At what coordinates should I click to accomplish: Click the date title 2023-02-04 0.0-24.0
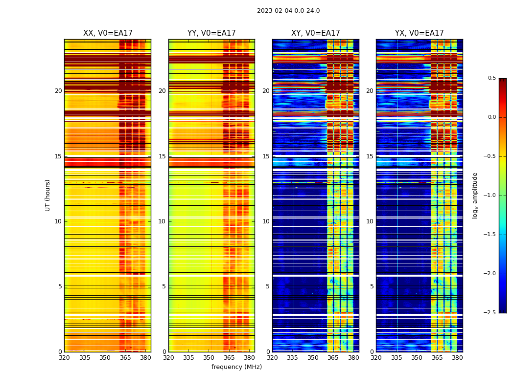(288, 11)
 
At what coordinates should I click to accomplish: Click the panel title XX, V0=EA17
(108, 33)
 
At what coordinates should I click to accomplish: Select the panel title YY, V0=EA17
(211, 33)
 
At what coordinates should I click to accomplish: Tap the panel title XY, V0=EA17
(316, 33)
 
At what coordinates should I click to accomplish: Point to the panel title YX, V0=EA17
(420, 33)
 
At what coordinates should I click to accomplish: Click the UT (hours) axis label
(48, 195)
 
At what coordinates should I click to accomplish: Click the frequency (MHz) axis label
(236, 367)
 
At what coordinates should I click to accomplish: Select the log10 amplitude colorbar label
(475, 195)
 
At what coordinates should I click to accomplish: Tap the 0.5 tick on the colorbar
(491, 78)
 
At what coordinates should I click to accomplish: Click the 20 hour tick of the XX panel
(58, 91)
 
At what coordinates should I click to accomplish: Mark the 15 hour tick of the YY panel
(162, 156)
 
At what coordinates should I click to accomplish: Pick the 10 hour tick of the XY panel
(266, 221)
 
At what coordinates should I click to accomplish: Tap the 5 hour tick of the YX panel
(372, 286)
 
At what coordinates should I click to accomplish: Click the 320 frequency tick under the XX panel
(64, 358)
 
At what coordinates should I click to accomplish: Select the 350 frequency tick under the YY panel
(209, 358)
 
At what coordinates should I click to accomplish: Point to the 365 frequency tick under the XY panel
(333, 358)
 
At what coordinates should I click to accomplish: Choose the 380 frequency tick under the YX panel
(457, 358)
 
